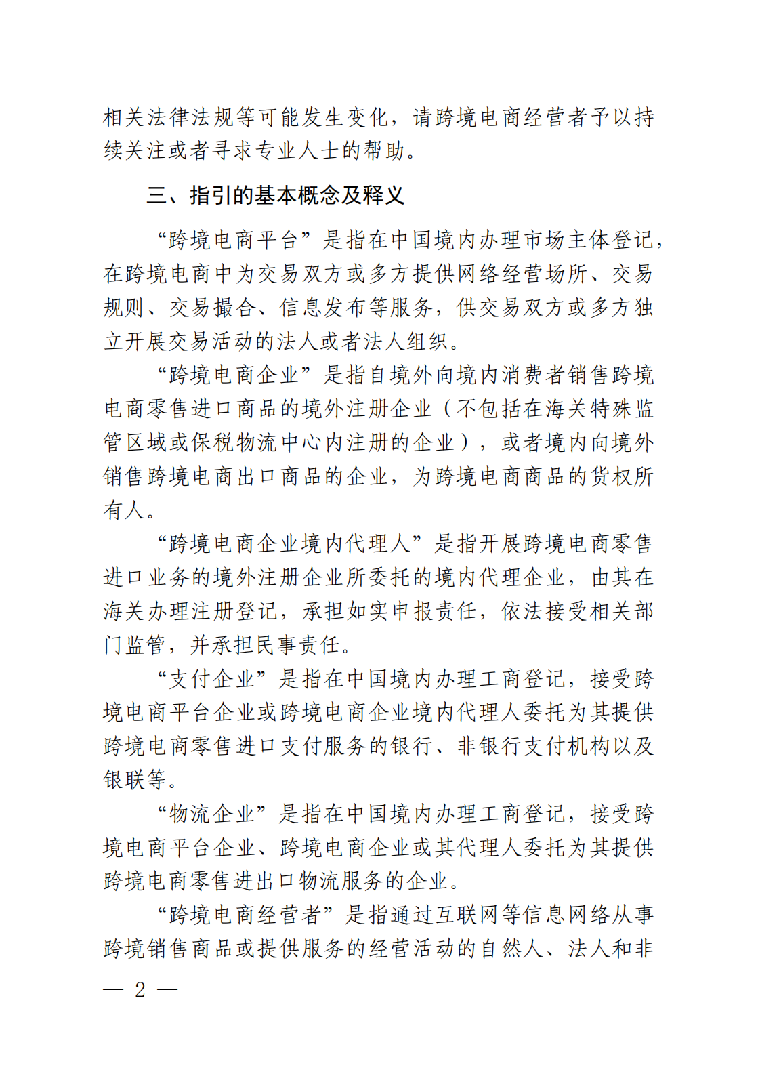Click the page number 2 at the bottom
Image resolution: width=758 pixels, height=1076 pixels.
(140, 990)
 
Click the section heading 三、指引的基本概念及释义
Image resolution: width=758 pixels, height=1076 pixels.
(276, 195)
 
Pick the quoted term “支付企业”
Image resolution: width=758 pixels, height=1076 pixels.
(213, 679)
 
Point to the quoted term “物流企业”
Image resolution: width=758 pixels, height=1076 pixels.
(213, 814)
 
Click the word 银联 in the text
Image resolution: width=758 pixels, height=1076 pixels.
(125, 780)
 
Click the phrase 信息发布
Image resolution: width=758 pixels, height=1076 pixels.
(323, 308)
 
